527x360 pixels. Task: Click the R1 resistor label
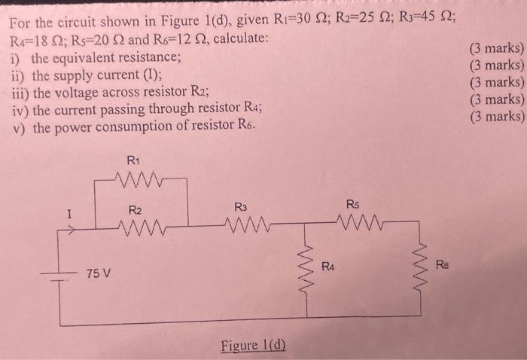(133, 160)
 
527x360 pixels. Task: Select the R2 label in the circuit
(135, 209)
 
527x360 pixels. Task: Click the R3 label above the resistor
(241, 206)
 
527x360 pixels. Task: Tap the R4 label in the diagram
(327, 266)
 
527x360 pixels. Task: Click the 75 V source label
(99, 272)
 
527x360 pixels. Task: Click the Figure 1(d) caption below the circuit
(254, 346)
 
